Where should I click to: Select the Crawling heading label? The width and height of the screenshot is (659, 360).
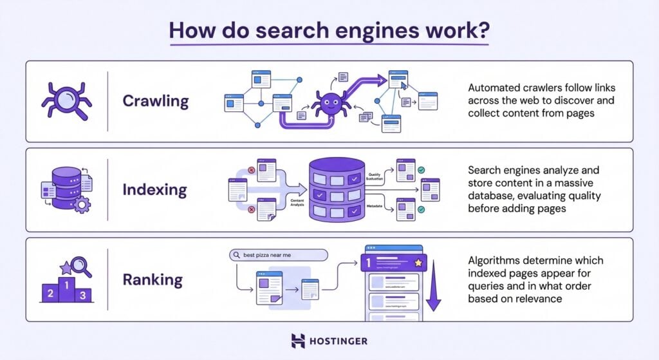click(156, 101)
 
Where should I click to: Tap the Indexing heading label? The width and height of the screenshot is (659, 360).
click(154, 190)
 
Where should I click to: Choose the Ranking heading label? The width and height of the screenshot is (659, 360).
click(153, 279)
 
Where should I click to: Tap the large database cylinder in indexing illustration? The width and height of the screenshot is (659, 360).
click(335, 190)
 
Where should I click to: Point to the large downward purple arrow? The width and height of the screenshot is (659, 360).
click(434, 283)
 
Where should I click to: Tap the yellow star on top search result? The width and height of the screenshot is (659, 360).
click(418, 263)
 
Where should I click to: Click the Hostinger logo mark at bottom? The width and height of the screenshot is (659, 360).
click(298, 341)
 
